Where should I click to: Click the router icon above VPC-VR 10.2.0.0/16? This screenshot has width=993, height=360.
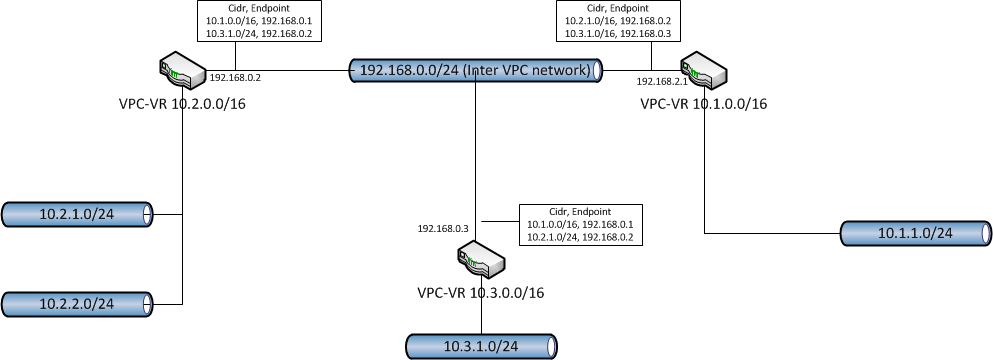pos(183,72)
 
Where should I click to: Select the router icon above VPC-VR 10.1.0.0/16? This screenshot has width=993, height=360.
pos(704,72)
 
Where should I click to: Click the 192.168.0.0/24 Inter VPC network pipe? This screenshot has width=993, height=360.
pos(476,70)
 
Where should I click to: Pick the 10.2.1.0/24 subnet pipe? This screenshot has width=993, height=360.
pos(77,214)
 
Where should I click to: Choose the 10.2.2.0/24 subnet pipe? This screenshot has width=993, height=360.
pos(77,304)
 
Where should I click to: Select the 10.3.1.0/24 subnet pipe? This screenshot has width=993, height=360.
pos(481,347)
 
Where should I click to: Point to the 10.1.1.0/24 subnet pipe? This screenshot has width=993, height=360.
pos(916,233)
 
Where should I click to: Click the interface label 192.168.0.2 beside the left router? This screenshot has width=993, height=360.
pos(235,78)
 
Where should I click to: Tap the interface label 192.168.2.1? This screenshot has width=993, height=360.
pos(662,81)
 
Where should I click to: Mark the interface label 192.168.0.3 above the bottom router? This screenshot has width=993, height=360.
pos(443,229)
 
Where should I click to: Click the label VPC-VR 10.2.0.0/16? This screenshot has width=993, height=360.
pos(182,104)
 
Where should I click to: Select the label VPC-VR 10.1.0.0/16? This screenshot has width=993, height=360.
pos(704,104)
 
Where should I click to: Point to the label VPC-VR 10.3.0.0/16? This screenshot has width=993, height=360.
pos(481,293)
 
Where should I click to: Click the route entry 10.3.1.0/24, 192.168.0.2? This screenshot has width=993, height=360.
pos(260,32)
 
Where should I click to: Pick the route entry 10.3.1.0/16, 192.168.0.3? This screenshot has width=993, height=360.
pos(618,32)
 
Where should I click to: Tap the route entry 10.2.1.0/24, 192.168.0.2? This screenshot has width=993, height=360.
pos(581,238)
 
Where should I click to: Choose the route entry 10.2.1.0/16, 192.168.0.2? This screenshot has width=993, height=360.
pos(618,20)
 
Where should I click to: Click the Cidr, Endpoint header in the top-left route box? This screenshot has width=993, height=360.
pos(260,9)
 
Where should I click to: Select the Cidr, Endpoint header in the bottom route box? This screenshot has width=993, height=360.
pos(581,212)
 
